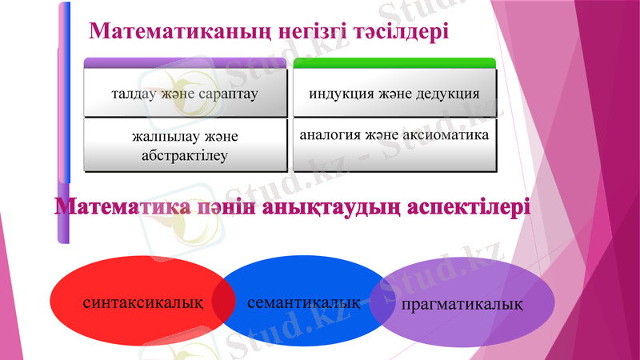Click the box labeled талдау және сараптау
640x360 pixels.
(185, 93)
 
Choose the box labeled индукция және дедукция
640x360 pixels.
(394, 93)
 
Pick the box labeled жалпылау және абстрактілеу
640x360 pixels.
(185, 146)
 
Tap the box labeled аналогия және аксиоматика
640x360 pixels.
(394, 146)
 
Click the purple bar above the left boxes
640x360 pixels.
(185, 63)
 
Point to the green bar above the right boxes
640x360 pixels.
(394, 63)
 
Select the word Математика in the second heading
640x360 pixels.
(124, 208)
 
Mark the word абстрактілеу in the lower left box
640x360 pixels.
(185, 155)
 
